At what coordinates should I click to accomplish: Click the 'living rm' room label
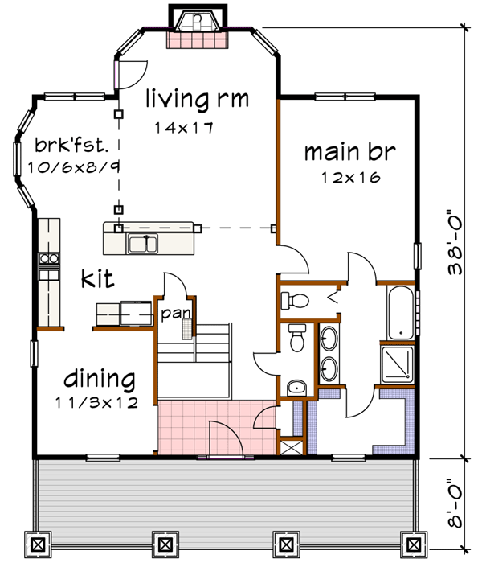point(197,100)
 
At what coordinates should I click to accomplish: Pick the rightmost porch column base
point(413,543)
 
